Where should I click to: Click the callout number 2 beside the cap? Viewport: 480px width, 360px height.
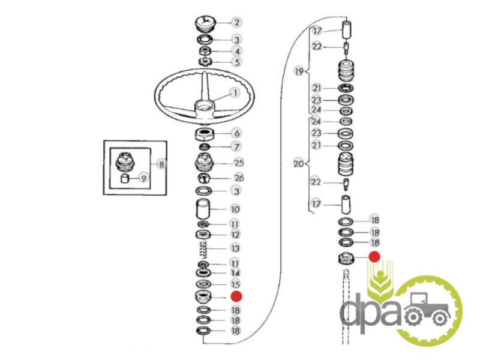(236, 22)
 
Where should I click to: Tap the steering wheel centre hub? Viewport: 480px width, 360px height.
(203, 108)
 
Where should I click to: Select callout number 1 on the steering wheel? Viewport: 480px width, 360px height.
(235, 92)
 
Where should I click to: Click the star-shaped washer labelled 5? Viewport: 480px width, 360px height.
(205, 62)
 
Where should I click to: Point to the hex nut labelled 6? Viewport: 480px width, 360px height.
(205, 134)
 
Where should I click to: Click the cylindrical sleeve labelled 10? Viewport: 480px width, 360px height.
(203, 209)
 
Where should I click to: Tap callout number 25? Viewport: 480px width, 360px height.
(239, 163)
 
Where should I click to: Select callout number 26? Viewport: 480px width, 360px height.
(239, 178)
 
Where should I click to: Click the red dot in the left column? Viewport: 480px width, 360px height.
(236, 296)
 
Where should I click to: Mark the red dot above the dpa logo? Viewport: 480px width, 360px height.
(374, 257)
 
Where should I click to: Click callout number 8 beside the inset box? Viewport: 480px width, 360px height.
(161, 164)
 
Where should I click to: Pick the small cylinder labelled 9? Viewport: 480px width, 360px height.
(125, 178)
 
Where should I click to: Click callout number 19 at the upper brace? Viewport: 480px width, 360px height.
(299, 71)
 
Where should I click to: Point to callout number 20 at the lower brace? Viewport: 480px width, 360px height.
(298, 164)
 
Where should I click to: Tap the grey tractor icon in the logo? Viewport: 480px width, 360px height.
(427, 308)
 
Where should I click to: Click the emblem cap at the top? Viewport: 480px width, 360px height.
(205, 24)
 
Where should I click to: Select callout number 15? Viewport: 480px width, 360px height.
(235, 284)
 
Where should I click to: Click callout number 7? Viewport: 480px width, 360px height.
(236, 147)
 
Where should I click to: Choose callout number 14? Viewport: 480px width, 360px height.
(235, 273)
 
